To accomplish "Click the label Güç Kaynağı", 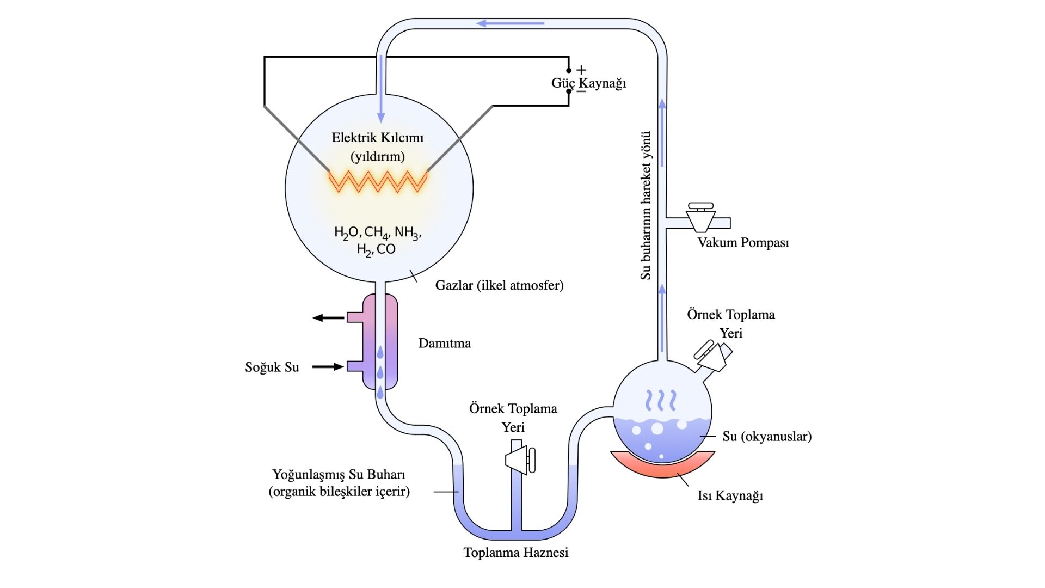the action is tap(588, 83).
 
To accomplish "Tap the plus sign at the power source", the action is tap(581, 70).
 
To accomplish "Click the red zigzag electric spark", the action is tap(378, 181).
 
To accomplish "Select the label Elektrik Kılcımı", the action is tap(377, 137).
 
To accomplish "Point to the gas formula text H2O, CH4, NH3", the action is tap(378, 232).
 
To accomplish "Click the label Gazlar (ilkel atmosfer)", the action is tap(499, 285).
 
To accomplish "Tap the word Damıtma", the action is tap(444, 343).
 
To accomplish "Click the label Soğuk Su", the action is tap(272, 367).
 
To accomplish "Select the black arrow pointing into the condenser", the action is tap(328, 367).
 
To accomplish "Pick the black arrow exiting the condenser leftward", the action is tap(328, 318).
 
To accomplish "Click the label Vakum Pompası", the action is tap(743, 243).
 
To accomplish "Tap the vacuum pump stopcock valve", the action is tap(700, 217).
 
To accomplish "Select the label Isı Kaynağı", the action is tap(730, 495).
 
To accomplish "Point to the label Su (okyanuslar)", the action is tap(767, 436).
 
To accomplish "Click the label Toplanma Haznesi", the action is tap(515, 553).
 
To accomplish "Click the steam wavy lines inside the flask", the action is tap(661, 400).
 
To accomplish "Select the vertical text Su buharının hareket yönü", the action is tap(646, 205).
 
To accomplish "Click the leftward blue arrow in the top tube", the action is tap(511, 23).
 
